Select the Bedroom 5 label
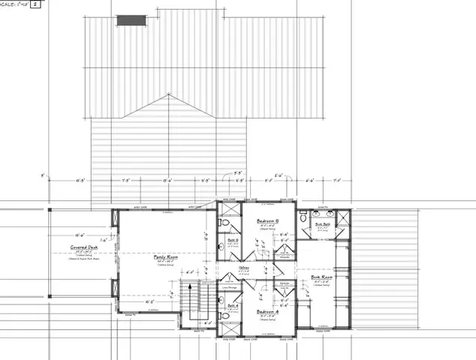(x=268, y=221)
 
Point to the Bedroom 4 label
(x=268, y=310)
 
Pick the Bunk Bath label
(x=323, y=223)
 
